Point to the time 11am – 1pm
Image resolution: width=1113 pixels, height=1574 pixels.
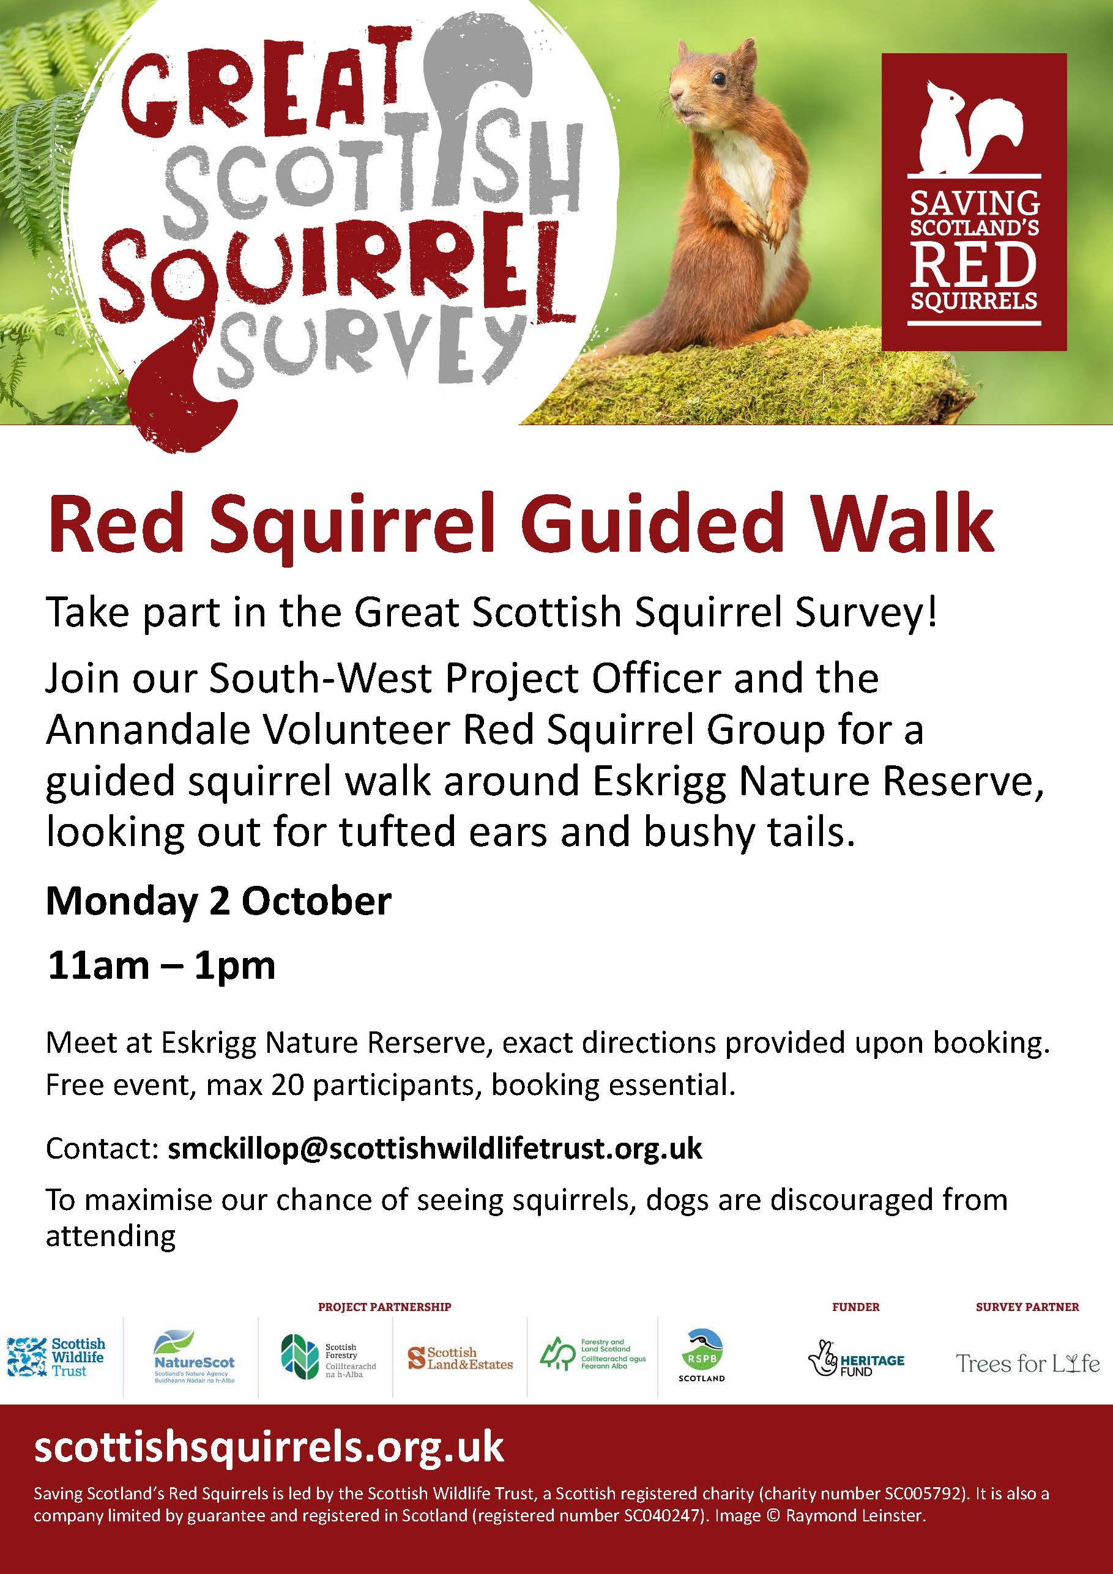pos(161,966)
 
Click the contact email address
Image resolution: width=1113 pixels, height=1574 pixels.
pos(435,1148)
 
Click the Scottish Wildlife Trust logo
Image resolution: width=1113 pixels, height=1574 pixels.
pos(56,1357)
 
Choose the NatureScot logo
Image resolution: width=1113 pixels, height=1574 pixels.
pos(194,1357)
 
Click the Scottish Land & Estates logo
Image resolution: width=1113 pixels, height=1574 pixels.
pos(460,1358)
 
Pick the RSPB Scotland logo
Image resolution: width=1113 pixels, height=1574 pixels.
pos(702,1356)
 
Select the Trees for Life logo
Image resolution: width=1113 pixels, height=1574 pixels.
pos(1027,1363)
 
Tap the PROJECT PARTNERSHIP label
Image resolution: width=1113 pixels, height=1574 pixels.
pos(385,1307)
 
